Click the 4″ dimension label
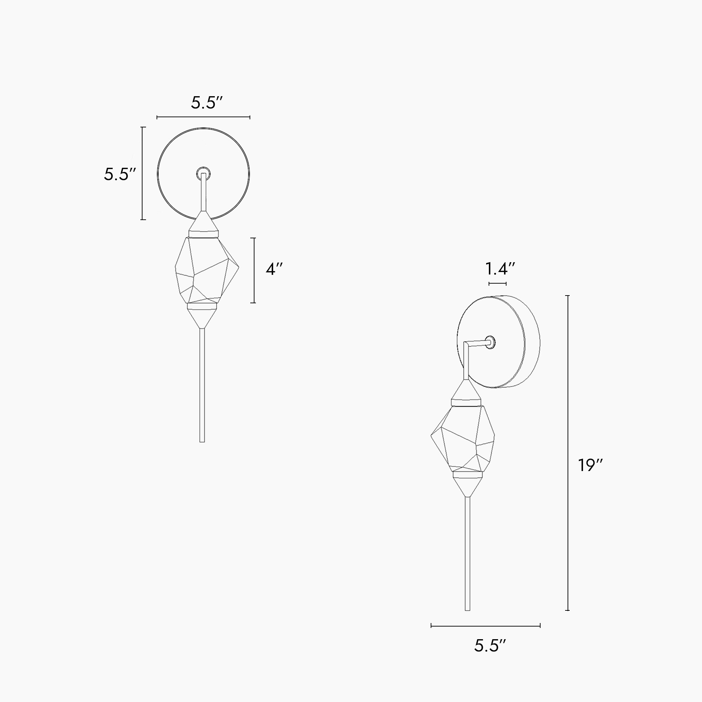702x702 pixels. (274, 269)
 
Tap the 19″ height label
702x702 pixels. (590, 465)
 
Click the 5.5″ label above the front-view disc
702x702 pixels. (206, 103)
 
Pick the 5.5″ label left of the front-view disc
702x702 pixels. (120, 174)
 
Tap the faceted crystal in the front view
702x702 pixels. (207, 271)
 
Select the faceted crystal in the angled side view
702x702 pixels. (463, 439)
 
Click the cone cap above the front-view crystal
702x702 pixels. (204, 225)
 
